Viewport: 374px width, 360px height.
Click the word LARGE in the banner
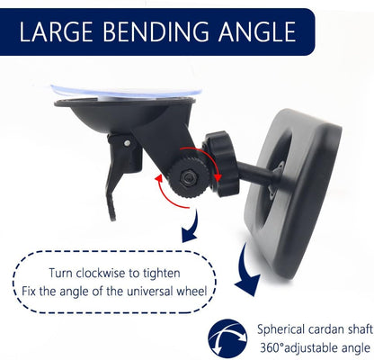point(56,31)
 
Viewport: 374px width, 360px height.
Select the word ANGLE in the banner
point(257,31)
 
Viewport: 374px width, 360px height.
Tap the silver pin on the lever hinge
point(128,143)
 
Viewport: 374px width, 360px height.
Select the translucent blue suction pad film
point(126,91)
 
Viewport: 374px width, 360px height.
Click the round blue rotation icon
point(227,338)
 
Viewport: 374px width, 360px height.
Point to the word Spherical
point(281,329)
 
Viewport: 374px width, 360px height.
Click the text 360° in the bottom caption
point(272,348)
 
